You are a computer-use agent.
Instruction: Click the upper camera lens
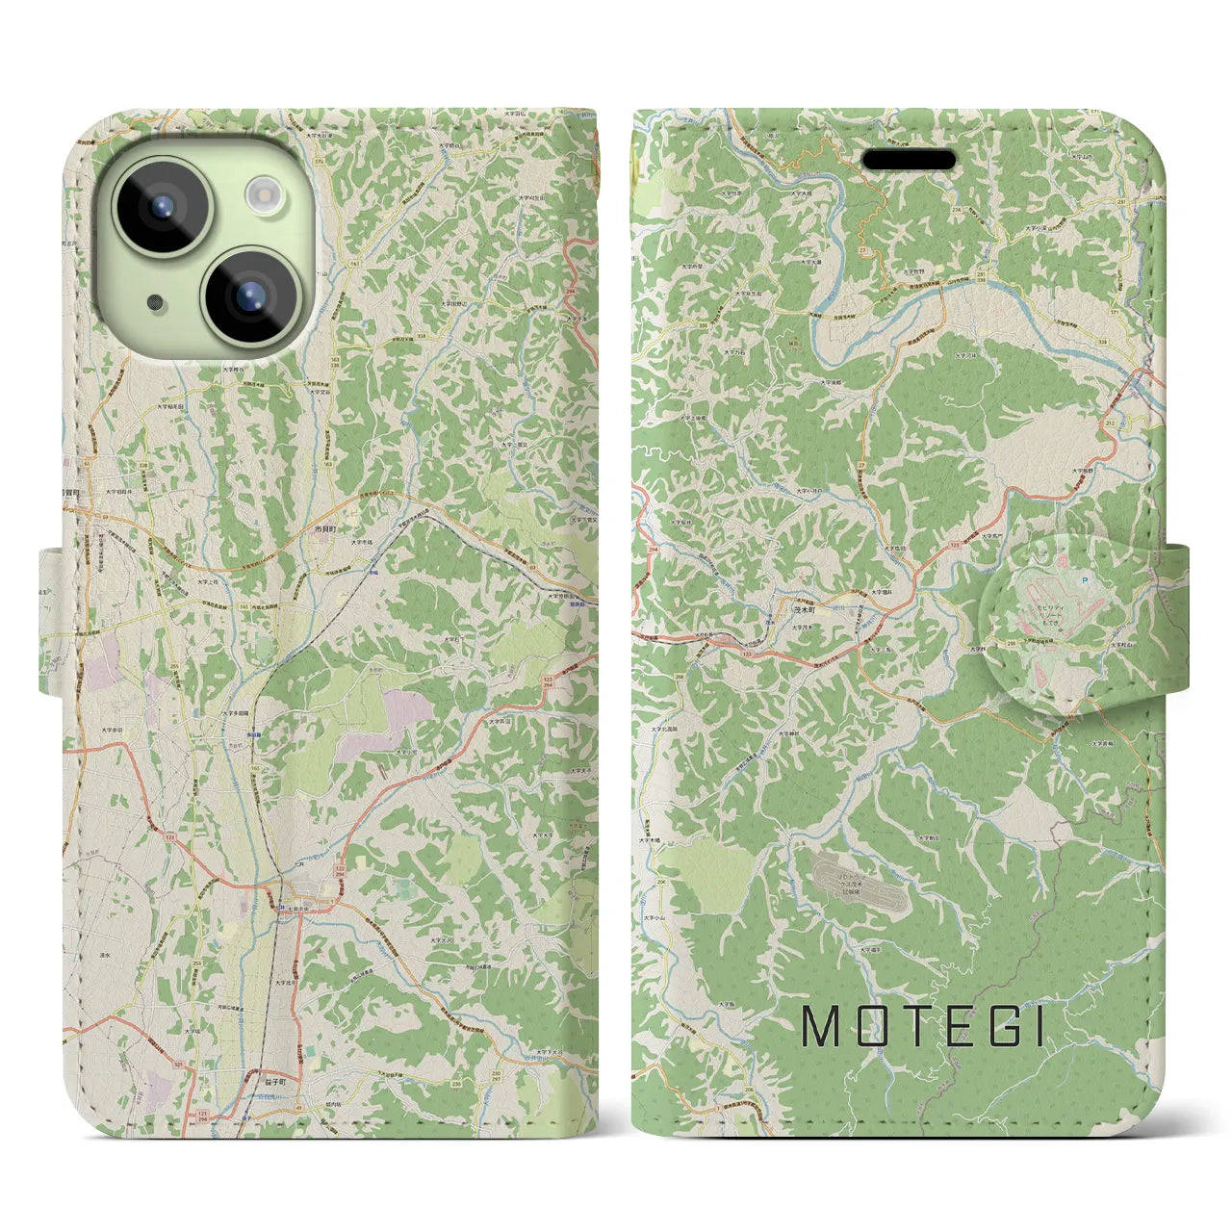coord(161,206)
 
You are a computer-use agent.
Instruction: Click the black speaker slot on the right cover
coord(908,160)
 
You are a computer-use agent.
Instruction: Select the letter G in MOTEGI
coord(998,1027)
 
